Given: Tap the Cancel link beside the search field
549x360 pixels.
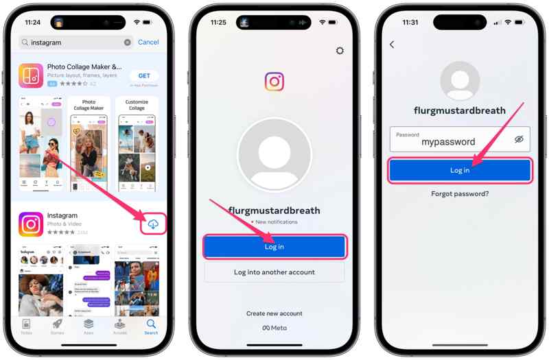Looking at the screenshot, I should click(x=148, y=42).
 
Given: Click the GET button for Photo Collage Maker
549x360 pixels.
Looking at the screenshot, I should click(x=144, y=75).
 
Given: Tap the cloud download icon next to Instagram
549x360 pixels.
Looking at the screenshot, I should click(x=153, y=224).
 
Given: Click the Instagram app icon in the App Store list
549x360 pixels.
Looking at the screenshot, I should click(x=32, y=224).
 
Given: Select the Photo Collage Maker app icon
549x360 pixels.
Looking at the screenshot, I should click(x=32, y=75).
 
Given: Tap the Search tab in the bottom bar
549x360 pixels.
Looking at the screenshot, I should click(x=151, y=326).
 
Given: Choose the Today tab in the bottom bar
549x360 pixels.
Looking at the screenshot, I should click(x=26, y=326).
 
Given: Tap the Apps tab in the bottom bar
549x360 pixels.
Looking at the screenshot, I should click(x=89, y=326).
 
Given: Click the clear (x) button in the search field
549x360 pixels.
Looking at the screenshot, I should click(x=128, y=43).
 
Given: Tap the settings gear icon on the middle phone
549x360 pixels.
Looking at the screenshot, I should click(x=339, y=51).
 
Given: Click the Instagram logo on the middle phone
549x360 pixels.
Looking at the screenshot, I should click(x=274, y=82).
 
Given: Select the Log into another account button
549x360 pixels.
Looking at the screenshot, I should click(x=274, y=272).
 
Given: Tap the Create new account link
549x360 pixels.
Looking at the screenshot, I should click(x=274, y=313).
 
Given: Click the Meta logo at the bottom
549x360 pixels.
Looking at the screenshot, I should click(x=274, y=328).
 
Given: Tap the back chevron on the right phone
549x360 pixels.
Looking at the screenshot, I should click(x=392, y=45).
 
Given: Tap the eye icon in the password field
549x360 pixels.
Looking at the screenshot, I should click(x=519, y=139).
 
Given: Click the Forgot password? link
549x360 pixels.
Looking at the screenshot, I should click(x=460, y=194).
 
